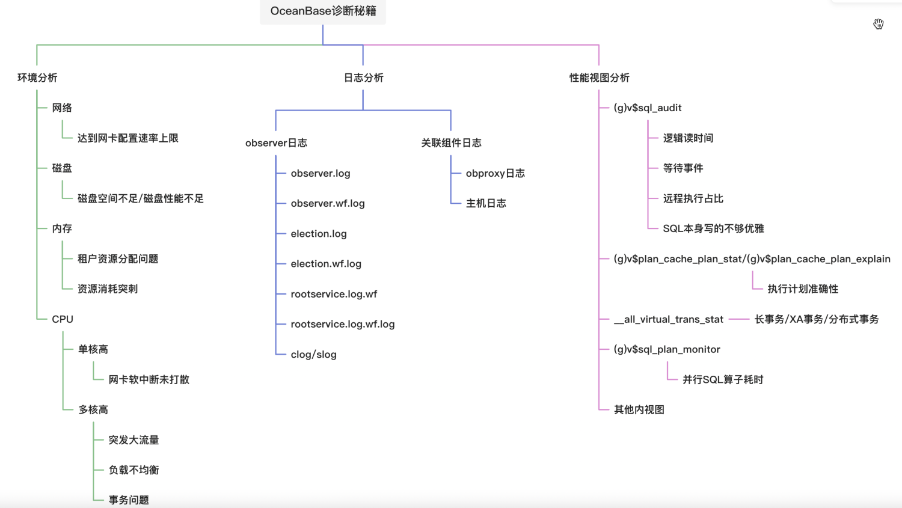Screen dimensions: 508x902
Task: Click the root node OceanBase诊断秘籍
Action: point(323,11)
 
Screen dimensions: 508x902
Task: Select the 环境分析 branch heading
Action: point(37,78)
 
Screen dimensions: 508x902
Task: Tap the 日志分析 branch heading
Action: point(363,78)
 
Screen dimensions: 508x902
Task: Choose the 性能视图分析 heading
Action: point(599,78)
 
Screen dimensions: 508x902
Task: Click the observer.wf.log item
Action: point(328,203)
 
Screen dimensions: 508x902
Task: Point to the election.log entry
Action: point(319,233)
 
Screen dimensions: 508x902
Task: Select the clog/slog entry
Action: point(313,354)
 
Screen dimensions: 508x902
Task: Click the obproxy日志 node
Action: point(495,173)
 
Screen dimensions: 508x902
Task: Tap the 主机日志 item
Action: point(486,203)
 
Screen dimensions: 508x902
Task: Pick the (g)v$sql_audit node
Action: point(648,108)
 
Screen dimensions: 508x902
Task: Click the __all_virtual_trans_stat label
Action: point(669,319)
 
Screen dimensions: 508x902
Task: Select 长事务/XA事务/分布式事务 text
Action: point(817,319)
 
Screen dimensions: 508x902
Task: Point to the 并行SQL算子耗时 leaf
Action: point(723,379)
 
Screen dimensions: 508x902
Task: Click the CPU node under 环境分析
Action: point(63,319)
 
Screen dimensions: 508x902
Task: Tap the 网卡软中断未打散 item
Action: point(149,379)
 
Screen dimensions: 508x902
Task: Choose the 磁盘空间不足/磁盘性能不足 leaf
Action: point(140,198)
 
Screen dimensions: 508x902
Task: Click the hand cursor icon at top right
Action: point(879,24)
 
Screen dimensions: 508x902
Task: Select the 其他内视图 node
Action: point(639,409)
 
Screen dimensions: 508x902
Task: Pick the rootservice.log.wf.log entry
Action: point(343,324)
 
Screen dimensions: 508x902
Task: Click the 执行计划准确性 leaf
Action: point(803,289)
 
